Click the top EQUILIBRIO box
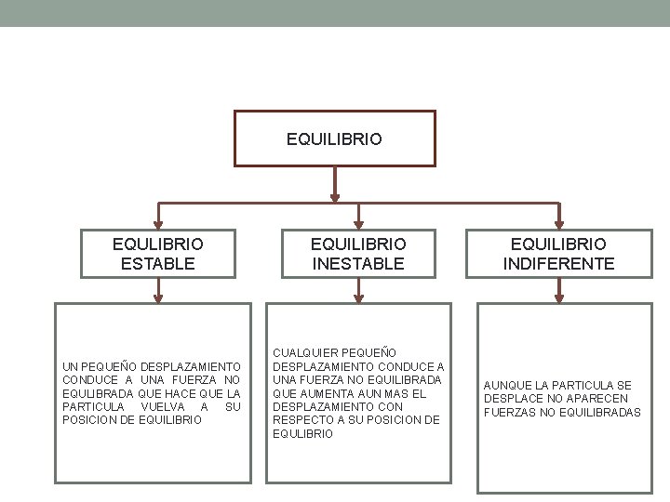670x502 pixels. pyautogui.click(x=334, y=139)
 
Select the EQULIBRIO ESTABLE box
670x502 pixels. pyautogui.click(x=157, y=253)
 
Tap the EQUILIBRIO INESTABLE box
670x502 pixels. pyautogui.click(x=359, y=253)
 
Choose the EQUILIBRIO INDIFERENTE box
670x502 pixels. pyautogui.click(x=558, y=253)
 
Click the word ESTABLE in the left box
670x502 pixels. pyautogui.click(x=157, y=263)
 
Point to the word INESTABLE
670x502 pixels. pyautogui.click(x=359, y=263)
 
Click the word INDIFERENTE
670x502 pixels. pyautogui.click(x=558, y=263)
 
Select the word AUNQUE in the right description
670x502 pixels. pyautogui.click(x=505, y=385)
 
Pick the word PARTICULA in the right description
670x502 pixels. pyautogui.click(x=583, y=385)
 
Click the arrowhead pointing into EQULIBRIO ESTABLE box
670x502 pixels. pyautogui.click(x=157, y=223)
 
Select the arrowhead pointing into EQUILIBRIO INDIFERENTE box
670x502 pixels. pyautogui.click(x=558, y=223)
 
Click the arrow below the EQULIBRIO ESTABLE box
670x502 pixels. pyautogui.click(x=157, y=295)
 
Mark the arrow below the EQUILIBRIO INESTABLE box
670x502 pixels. pyautogui.click(x=359, y=295)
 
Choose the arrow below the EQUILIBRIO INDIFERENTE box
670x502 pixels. pyautogui.click(x=558, y=295)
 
